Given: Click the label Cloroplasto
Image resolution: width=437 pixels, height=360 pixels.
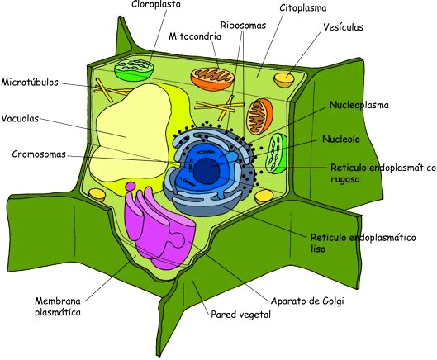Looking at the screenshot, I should click(x=157, y=5).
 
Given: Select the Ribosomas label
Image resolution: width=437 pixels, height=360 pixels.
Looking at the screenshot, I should click(x=243, y=26).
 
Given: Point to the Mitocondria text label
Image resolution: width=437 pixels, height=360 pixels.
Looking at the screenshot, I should click(x=193, y=36).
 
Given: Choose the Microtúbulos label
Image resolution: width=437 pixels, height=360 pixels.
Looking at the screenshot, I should click(x=31, y=83).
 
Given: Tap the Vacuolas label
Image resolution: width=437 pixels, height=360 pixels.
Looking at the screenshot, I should click(x=22, y=116).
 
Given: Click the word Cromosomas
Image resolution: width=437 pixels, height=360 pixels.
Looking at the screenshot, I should click(x=39, y=154).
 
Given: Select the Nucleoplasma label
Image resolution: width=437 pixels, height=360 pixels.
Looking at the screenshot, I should click(x=359, y=106).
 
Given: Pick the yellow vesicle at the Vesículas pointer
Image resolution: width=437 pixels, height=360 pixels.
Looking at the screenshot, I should click(x=285, y=79).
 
